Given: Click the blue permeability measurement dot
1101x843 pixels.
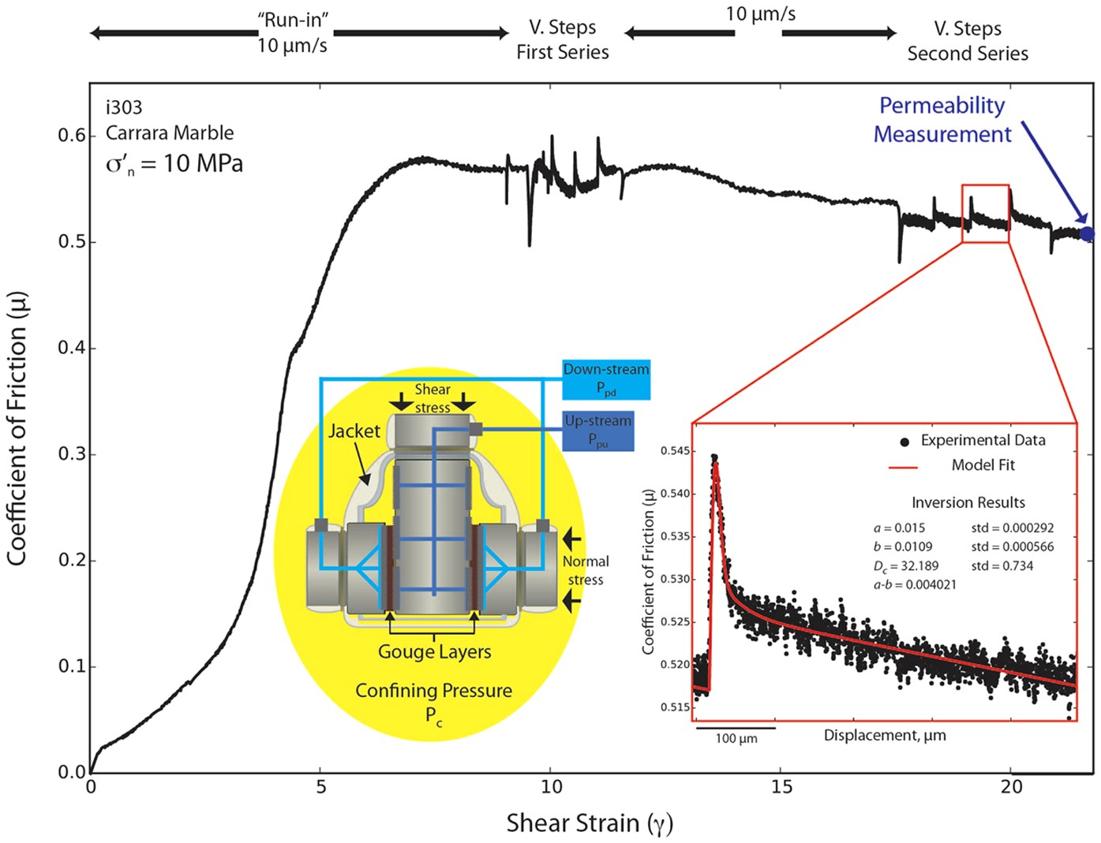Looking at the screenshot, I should click(x=1087, y=233).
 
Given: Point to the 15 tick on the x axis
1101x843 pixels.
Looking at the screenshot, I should click(x=781, y=787).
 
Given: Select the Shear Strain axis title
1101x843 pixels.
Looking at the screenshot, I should click(x=589, y=823).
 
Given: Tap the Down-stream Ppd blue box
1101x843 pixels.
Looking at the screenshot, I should click(x=606, y=379).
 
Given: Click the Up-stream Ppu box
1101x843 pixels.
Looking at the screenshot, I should click(x=598, y=431).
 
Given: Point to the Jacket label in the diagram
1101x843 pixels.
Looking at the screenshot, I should click(x=354, y=431).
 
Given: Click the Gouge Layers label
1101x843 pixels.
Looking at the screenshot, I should click(x=434, y=652).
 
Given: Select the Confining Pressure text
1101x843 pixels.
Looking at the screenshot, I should click(x=433, y=692).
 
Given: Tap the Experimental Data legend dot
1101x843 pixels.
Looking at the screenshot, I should click(x=904, y=442).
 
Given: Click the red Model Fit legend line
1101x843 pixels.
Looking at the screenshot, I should click(x=903, y=467).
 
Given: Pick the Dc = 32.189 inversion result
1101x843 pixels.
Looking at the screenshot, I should click(x=906, y=566).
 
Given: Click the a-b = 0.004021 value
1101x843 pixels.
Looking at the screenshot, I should click(x=915, y=585).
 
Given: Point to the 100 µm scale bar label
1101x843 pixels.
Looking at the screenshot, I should click(x=736, y=740).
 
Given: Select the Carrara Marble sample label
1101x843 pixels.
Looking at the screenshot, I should click(x=170, y=132).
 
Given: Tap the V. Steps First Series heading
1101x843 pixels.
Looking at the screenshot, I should click(x=563, y=39).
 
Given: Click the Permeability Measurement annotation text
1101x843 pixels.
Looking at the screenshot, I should click(x=942, y=120).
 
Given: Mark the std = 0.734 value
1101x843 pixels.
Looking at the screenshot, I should click(x=1002, y=566).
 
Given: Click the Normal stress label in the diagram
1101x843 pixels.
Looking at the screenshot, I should click(x=585, y=570).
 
